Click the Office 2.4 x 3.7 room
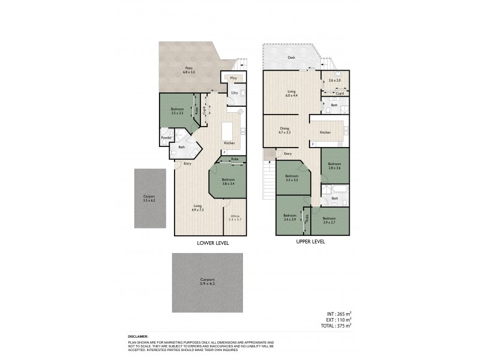click(x=235, y=218)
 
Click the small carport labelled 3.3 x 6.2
click(x=149, y=199)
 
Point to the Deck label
click(x=292, y=58)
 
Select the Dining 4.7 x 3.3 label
click(x=285, y=130)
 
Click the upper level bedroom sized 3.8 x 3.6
click(x=335, y=166)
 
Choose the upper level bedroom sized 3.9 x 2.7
click(x=329, y=220)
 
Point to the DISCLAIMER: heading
click(x=139, y=337)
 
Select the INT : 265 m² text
click(x=338, y=313)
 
